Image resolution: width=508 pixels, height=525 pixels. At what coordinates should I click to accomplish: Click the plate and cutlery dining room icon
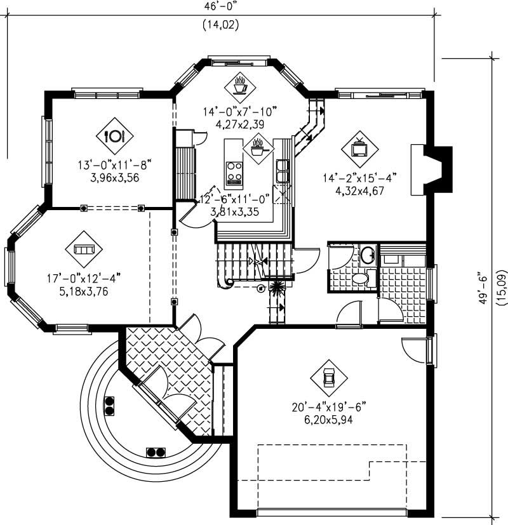pos(115,135)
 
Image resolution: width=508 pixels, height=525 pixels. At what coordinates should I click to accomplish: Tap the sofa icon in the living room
pos(83,249)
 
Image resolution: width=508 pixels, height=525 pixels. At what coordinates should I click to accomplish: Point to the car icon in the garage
pos(328,378)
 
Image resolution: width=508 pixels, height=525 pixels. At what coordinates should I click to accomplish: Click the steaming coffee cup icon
pos(240,85)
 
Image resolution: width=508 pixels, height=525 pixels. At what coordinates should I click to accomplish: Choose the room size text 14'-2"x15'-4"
pos(359,178)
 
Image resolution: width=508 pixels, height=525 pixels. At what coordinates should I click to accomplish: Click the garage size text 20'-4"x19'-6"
pos(329,407)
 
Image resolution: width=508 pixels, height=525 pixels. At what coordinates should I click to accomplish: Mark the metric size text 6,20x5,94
pos(329,419)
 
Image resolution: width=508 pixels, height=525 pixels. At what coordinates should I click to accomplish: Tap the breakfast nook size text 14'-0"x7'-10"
pos(240,112)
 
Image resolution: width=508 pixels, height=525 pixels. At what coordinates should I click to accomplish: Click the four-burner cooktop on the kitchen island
pos(234,171)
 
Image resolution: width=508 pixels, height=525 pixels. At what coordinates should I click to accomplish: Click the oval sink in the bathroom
pos(368,256)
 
